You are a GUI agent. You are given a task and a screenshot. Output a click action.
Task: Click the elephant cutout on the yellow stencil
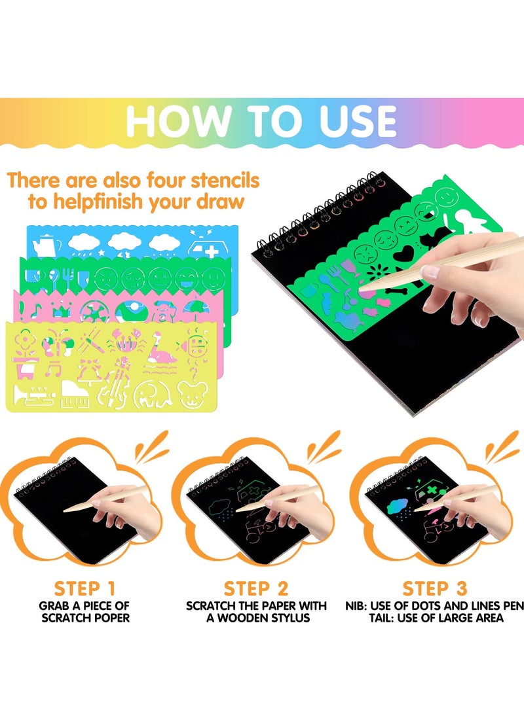coord(150,394)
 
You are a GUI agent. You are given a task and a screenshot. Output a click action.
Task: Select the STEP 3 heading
coord(435,588)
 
